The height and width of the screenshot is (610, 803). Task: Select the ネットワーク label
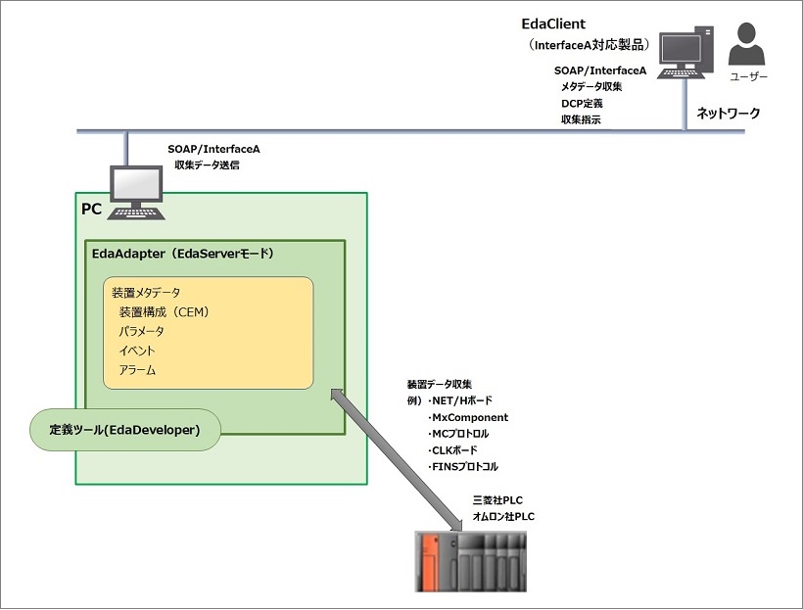[728, 114]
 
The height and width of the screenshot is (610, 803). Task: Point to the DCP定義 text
[582, 103]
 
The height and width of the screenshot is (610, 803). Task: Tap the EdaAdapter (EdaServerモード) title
[182, 254]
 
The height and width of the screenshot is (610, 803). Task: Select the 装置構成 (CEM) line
[165, 312]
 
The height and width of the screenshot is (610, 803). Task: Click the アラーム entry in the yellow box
[137, 370]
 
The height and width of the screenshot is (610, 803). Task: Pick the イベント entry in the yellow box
[137, 351]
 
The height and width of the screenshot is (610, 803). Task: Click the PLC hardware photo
[470, 562]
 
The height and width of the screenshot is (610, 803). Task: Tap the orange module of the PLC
[429, 562]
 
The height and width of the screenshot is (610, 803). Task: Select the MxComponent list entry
[469, 417]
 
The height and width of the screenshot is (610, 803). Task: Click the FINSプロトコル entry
[464, 467]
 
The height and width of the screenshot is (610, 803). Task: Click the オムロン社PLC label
[503, 517]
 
